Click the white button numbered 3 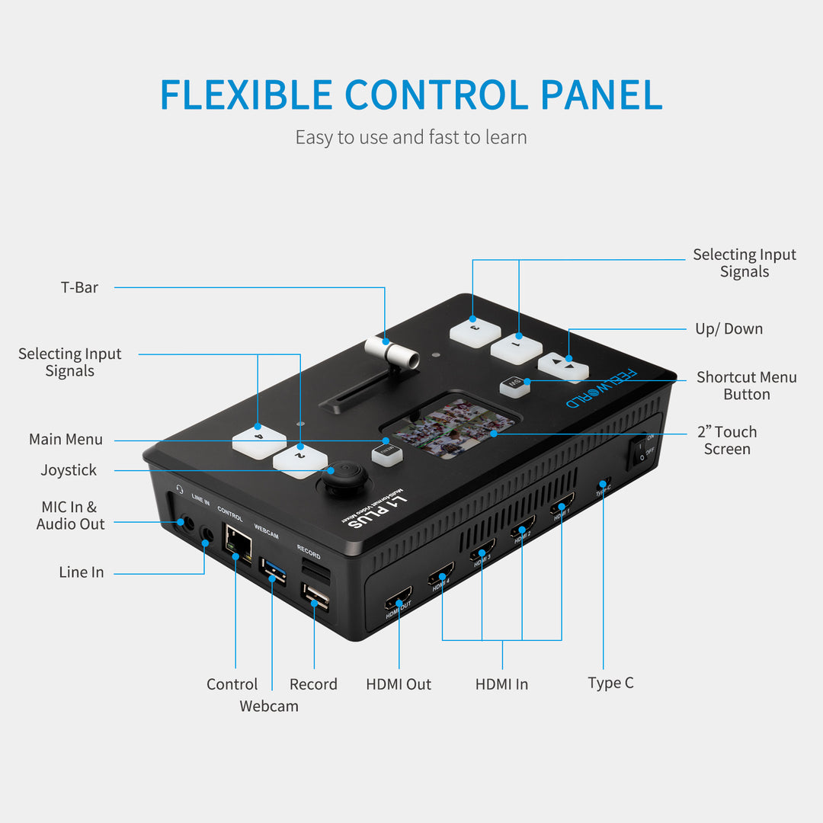[x=475, y=331]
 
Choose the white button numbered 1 [x=516, y=348]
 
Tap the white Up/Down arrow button [x=564, y=367]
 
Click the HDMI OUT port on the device [x=398, y=597]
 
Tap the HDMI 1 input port [x=562, y=506]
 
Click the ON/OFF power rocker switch [x=641, y=450]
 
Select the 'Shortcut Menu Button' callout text [x=746, y=386]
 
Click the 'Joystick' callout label [x=69, y=470]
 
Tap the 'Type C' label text [x=610, y=683]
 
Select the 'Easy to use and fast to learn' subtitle [x=411, y=137]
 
